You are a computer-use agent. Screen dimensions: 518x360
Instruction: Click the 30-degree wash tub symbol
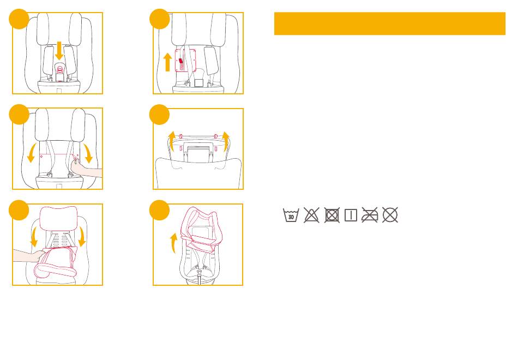pyautogui.click(x=291, y=215)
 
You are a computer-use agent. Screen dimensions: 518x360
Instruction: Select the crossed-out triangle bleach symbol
pyautogui.click(x=311, y=215)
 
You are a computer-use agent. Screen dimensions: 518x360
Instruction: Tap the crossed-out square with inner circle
pyautogui.click(x=330, y=215)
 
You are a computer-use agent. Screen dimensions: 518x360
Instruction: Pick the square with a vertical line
pyautogui.click(x=350, y=215)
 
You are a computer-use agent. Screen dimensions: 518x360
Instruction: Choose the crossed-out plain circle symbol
pyautogui.click(x=390, y=215)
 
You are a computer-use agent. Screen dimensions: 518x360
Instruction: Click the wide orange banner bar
pyautogui.click(x=389, y=23)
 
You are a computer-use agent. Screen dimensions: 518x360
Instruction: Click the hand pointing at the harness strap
pyautogui.click(x=87, y=172)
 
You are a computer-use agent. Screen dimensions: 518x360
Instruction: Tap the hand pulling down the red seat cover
pyautogui.click(x=27, y=256)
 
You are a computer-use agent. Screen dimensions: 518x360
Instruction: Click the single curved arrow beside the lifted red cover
pyautogui.click(x=173, y=243)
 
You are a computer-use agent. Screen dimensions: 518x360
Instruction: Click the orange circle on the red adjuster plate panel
pyautogui.click(x=160, y=20)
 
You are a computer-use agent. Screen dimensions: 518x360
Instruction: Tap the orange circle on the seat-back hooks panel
pyautogui.click(x=160, y=116)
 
